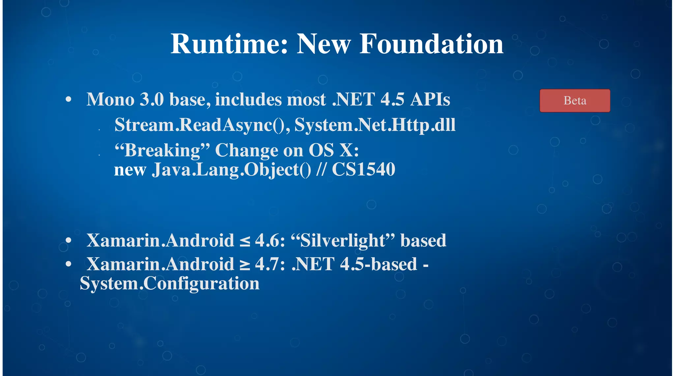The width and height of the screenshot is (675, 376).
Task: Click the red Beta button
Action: pos(575,100)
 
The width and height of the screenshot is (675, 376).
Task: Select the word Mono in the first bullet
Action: pos(110,99)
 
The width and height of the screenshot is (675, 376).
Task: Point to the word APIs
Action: pos(430,99)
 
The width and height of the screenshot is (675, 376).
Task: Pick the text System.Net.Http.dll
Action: pos(375,125)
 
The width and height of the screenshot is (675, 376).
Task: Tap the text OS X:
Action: pos(334,150)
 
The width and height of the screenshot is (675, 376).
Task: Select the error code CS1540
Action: pos(363,170)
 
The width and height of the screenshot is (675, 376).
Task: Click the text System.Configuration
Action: pos(170,283)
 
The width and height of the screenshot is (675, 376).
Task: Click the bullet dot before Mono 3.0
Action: pos(69,99)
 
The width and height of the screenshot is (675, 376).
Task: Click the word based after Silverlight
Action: pos(423,240)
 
